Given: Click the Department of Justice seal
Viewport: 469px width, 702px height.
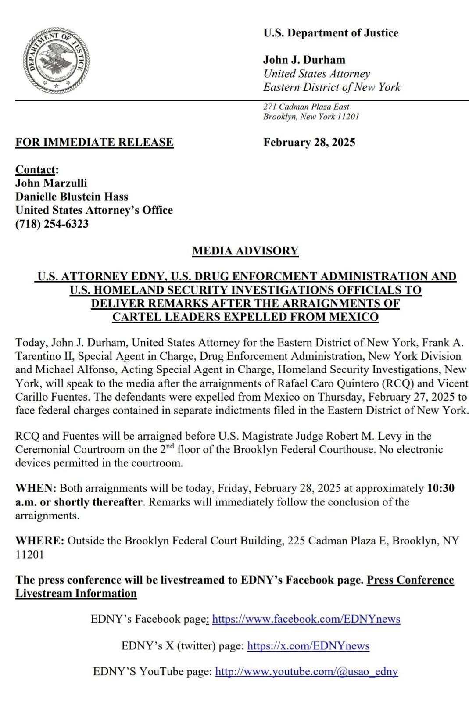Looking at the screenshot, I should [56, 60].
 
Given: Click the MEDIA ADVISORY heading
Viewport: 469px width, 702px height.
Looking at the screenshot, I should [245, 251].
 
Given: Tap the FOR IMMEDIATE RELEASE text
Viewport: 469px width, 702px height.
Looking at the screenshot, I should [94, 142].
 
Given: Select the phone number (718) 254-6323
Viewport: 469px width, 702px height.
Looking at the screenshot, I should [52, 224].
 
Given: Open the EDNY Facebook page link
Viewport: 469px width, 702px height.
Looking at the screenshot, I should [306, 619].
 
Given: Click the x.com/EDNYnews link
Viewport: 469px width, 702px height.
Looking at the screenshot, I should [308, 646].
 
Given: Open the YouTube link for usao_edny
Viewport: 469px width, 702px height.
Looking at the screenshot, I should [306, 671].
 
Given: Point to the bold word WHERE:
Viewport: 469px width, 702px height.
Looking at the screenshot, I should [40, 541].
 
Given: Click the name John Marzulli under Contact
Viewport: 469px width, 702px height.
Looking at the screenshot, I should [51, 183].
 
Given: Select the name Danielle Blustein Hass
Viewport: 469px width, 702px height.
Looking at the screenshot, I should [72, 197].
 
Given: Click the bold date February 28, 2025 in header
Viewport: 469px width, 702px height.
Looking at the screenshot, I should [309, 142].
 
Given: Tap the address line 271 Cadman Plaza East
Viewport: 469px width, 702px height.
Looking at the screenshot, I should [306, 107].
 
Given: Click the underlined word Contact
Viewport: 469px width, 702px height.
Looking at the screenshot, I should [36, 169].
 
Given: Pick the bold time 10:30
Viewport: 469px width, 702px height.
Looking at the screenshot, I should [440, 488].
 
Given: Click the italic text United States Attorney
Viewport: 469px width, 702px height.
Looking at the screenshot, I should [316, 74].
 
